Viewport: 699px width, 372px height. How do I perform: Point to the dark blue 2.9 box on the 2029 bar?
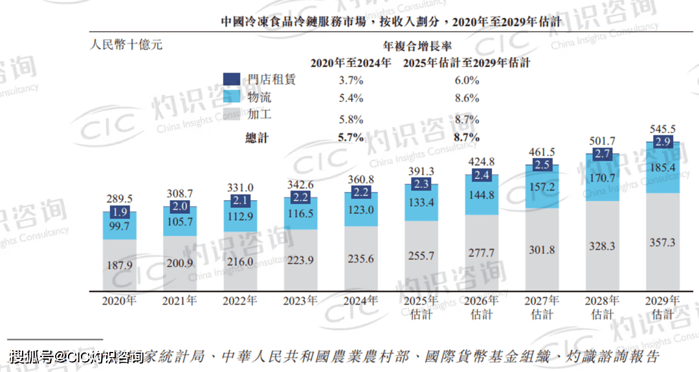[662, 141]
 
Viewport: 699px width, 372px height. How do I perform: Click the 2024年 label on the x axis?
[361, 301]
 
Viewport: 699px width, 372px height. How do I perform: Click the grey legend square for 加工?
[232, 115]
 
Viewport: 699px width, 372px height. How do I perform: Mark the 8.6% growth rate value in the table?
[467, 99]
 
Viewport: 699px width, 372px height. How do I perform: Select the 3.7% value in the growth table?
[351, 80]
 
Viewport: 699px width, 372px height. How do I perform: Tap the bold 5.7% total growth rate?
[351, 137]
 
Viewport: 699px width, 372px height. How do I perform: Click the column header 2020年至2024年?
[351, 64]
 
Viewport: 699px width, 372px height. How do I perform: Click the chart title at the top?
[390, 22]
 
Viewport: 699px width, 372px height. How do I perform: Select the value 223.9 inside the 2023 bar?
[301, 260]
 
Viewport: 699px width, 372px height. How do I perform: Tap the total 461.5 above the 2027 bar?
[542, 152]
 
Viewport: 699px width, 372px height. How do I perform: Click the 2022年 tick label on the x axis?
[240, 301]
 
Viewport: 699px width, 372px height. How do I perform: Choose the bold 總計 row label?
[257, 137]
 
